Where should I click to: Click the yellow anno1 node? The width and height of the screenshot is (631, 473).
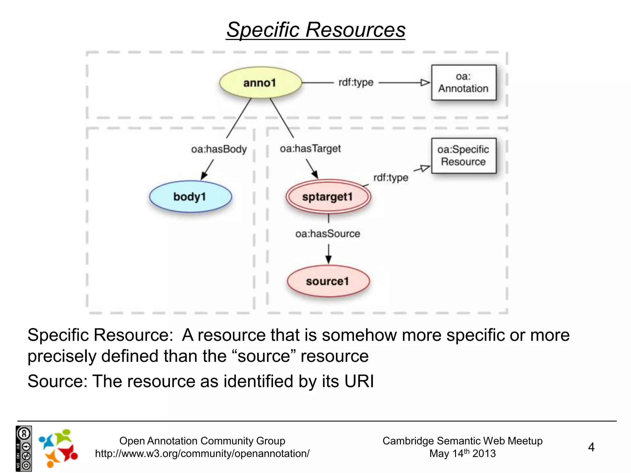tap(260, 83)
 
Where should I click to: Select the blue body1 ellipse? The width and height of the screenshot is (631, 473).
tap(190, 196)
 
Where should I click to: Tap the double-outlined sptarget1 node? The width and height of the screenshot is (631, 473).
tap(328, 197)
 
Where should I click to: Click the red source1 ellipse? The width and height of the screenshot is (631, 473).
tap(328, 281)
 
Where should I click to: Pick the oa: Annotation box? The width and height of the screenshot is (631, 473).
tap(463, 83)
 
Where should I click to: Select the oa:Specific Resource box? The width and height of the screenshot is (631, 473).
tap(463, 156)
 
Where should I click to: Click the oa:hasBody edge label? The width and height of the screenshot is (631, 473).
tap(219, 149)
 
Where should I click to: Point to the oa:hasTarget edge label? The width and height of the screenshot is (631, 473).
tap(310, 149)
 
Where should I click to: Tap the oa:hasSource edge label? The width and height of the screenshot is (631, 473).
tap(328, 234)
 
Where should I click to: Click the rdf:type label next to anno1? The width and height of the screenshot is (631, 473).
tap(356, 83)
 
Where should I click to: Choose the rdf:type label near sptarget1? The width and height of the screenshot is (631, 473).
tap(391, 178)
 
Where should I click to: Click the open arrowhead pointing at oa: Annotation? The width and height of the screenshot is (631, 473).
tap(425, 83)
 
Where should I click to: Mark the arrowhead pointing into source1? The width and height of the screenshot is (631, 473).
tap(328, 259)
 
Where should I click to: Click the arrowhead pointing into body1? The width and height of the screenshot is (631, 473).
tap(204, 176)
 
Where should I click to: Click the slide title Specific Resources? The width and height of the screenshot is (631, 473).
tap(315, 30)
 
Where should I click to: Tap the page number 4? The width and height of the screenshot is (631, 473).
tap(591, 447)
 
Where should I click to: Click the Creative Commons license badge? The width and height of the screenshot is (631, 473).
tap(24, 448)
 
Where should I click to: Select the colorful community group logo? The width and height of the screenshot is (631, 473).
tap(58, 448)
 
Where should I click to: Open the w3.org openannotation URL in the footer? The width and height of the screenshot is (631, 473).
tap(202, 454)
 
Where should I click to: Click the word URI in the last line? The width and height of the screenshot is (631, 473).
tap(359, 381)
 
